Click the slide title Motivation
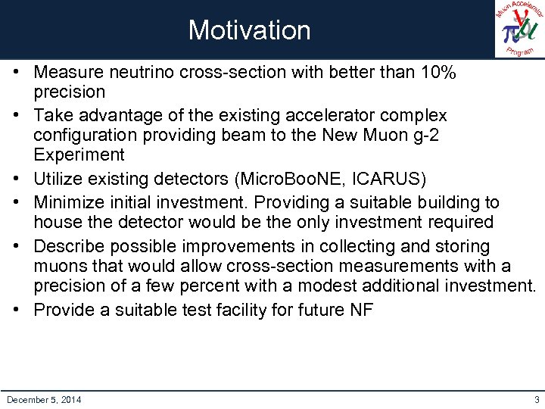249,30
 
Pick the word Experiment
79,155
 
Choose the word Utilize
61,179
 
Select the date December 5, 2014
44,399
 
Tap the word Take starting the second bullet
51,115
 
